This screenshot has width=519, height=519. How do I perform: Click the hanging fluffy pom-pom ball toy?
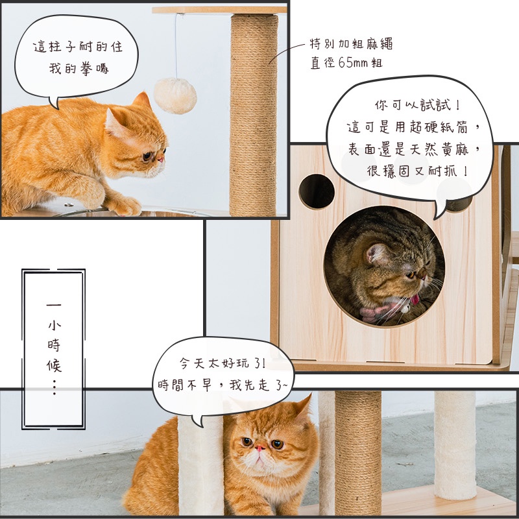(x=175, y=95)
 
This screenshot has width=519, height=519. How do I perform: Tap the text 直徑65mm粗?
(x=346, y=62)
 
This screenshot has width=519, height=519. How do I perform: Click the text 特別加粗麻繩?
(x=351, y=43)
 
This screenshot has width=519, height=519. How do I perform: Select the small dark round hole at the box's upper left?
(x=317, y=191)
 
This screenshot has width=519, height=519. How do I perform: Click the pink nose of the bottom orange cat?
(x=260, y=448)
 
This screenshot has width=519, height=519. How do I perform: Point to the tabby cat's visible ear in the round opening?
(x=376, y=254)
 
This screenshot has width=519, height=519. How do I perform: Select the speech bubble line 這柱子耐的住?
(x=78, y=47)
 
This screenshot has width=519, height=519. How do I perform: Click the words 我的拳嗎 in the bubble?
(x=78, y=69)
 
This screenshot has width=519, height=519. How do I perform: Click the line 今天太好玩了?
(x=222, y=363)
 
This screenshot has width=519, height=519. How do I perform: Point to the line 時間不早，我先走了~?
(x=223, y=385)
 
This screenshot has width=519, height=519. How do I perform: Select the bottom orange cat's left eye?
(x=247, y=441)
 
